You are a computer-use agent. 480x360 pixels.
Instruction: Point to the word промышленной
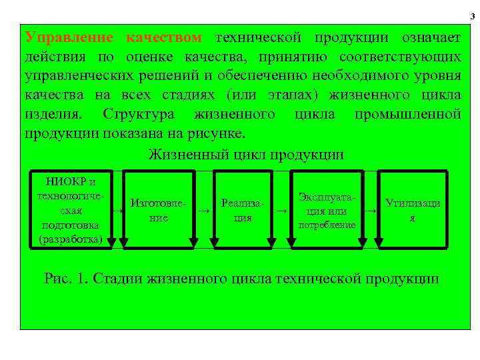[x=407, y=114]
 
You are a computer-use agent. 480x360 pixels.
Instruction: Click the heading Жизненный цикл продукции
[x=246, y=155]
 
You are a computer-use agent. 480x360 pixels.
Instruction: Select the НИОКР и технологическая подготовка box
[x=71, y=209]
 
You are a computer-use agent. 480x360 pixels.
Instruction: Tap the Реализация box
[x=243, y=209]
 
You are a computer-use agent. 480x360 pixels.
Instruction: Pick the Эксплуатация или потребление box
[x=327, y=209]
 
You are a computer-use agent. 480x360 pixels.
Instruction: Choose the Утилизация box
[x=412, y=209]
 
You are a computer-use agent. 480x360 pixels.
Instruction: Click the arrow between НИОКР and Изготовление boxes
[x=118, y=209]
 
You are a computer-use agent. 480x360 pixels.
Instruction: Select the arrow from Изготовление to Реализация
[x=203, y=210]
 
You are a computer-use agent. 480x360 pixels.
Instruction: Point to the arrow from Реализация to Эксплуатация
[x=282, y=210]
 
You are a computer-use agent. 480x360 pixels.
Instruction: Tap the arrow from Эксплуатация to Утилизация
[x=371, y=210]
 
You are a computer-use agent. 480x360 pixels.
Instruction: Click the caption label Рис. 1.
[x=66, y=278]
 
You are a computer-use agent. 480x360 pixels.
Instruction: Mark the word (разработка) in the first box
[x=71, y=238]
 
